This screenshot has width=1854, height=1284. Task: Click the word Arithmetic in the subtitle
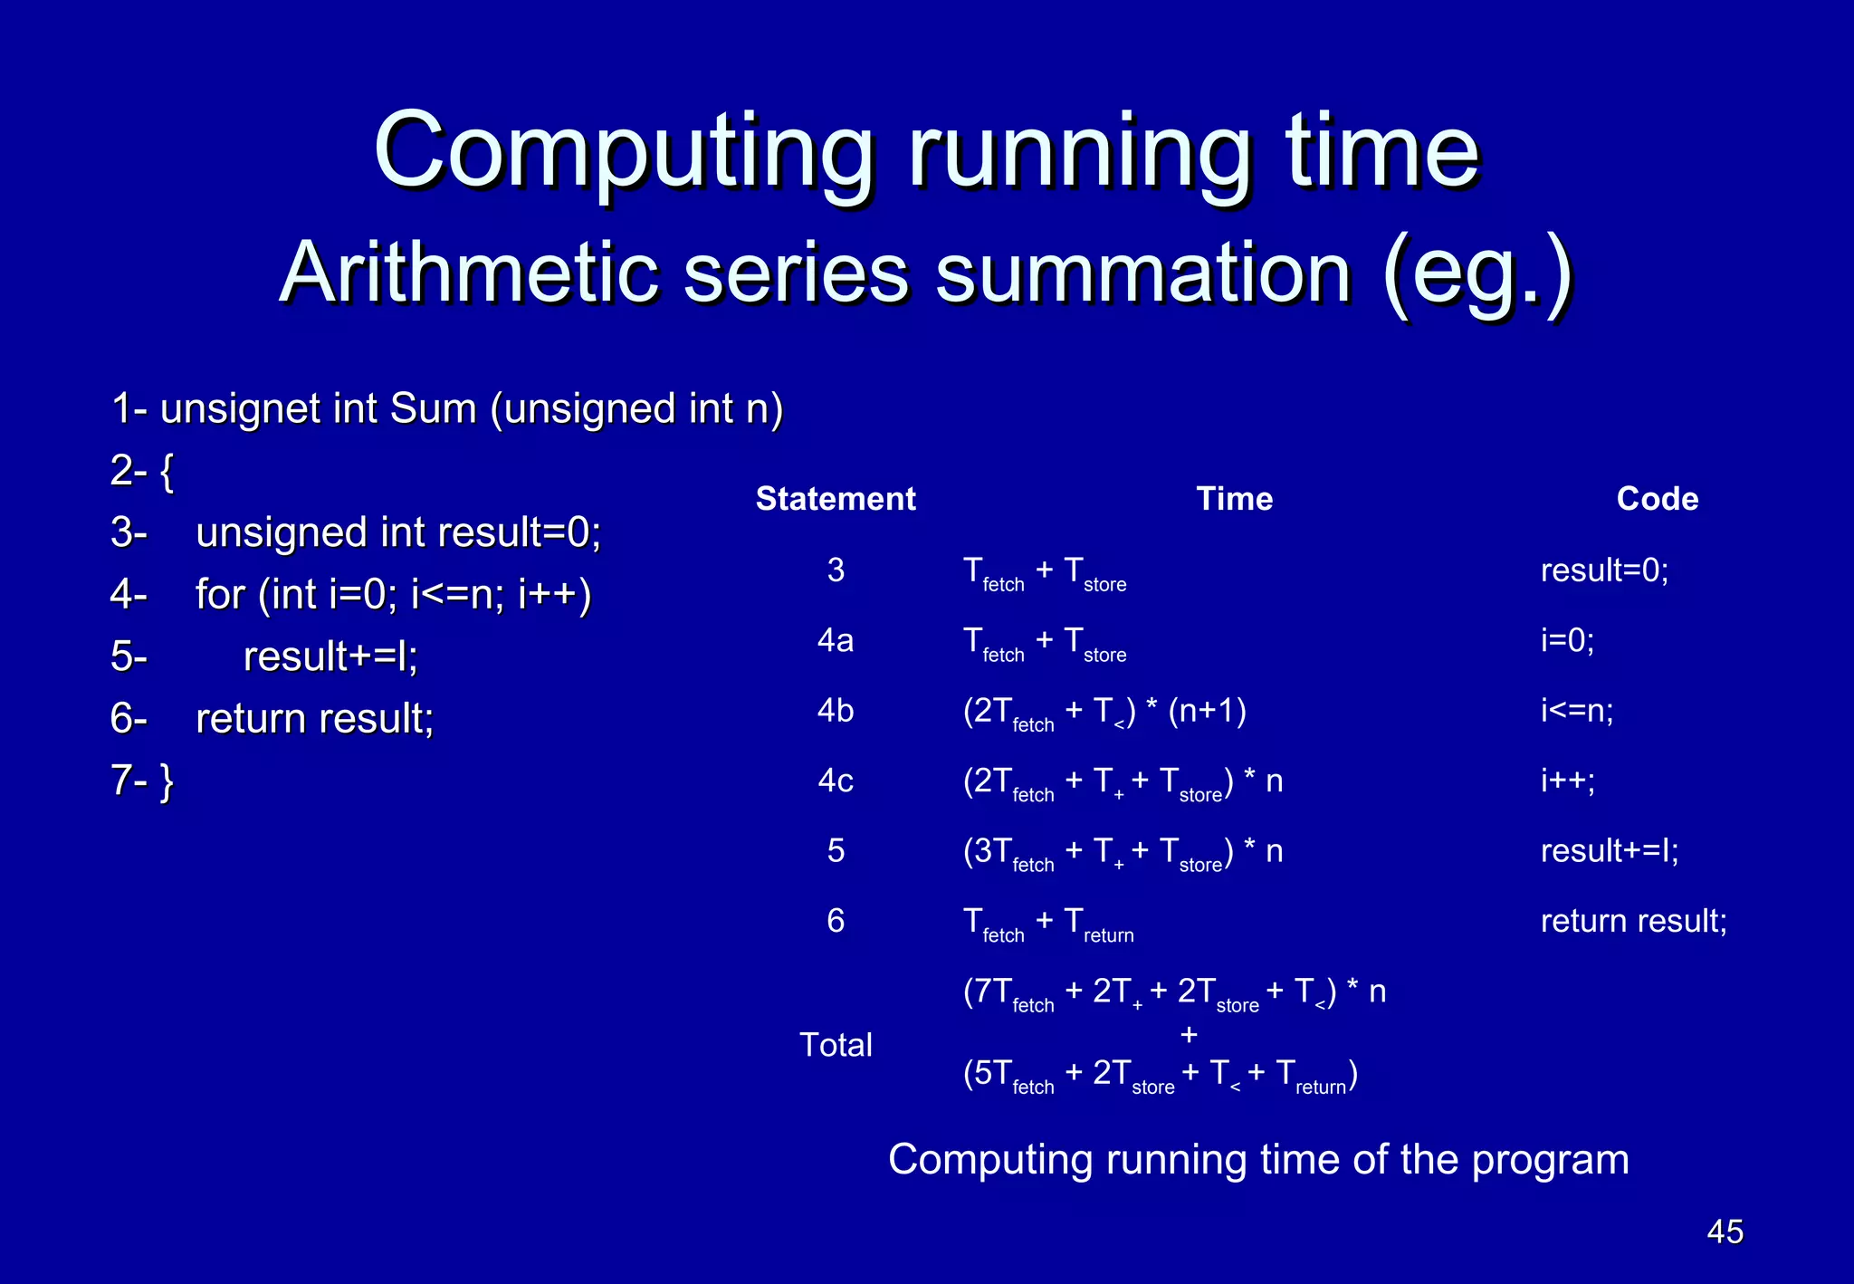point(468,273)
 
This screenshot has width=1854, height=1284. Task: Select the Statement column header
point(836,499)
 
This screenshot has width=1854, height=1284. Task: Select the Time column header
point(1234,499)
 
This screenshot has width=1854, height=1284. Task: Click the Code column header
point(1657,499)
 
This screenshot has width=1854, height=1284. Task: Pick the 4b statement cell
point(836,711)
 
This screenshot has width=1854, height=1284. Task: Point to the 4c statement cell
point(836,781)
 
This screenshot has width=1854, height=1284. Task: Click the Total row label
point(836,1045)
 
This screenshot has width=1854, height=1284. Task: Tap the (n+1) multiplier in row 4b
point(1207,711)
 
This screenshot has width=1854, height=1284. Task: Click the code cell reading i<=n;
point(1577,711)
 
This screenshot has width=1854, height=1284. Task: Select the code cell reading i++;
point(1567,781)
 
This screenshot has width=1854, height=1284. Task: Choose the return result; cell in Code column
point(1633,921)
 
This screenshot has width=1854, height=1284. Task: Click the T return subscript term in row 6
point(1098,925)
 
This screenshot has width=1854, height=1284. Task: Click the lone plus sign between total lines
point(1189,1034)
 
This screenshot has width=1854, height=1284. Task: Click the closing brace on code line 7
point(167,781)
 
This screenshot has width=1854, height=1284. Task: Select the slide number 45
point(1724,1231)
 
